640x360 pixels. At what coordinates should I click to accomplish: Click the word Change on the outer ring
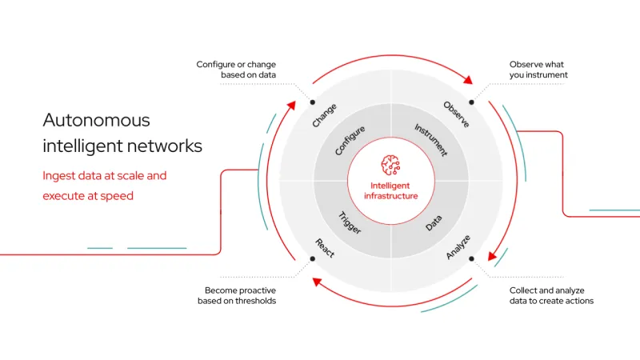pos(325,116)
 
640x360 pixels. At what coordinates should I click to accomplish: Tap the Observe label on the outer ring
pos(456,115)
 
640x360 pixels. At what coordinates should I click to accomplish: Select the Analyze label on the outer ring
pos(458,247)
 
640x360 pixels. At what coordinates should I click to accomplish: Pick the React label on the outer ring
pos(324,248)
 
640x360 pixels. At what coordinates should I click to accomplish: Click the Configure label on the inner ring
pos(350,140)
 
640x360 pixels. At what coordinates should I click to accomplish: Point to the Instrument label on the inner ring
pos(431,140)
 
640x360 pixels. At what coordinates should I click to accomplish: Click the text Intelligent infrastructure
pos(390,190)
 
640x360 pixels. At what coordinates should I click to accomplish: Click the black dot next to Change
pos(312,102)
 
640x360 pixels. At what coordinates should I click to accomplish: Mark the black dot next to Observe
pos(471,102)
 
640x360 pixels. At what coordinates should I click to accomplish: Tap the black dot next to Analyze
pos(471,258)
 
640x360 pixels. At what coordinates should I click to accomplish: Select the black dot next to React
pos(312,258)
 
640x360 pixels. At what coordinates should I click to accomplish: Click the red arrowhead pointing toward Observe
pos(467,82)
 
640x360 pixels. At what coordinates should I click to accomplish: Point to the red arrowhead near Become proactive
pos(317,281)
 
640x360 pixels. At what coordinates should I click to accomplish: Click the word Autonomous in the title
pos(96,121)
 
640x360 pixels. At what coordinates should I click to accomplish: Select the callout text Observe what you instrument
pos(538,70)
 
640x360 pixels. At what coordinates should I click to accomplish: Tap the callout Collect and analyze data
pos(551,295)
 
